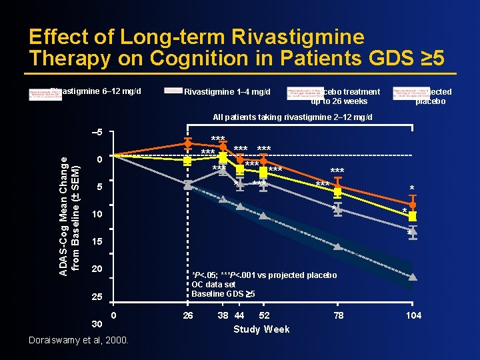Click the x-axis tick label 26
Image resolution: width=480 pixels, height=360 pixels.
[188, 315]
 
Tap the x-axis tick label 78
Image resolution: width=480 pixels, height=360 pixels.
[338, 315]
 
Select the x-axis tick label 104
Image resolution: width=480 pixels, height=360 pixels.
[413, 315]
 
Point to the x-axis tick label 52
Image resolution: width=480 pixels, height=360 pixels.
[264, 315]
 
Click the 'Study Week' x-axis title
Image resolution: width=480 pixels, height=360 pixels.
[261, 329]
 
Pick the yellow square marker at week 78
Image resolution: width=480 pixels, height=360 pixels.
[338, 192]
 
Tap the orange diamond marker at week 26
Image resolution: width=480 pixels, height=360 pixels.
[189, 143]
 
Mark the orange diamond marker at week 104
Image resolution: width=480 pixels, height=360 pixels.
[413, 205]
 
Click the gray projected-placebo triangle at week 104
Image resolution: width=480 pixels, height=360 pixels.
[413, 277]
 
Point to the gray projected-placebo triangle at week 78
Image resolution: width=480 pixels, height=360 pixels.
[338, 247]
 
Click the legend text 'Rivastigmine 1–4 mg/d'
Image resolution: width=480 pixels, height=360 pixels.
[227, 91]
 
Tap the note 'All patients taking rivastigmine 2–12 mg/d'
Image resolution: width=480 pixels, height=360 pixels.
[293, 117]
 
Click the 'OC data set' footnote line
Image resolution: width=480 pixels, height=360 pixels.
[213, 285]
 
